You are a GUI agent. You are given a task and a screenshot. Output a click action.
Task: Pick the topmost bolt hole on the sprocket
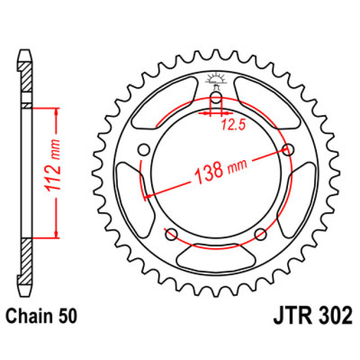tap(216, 100)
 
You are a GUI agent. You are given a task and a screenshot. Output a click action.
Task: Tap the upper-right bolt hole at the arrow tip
tap(288, 149)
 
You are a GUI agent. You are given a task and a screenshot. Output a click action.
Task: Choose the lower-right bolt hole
tap(260, 233)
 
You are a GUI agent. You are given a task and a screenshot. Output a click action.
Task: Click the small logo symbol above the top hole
tap(216, 81)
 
